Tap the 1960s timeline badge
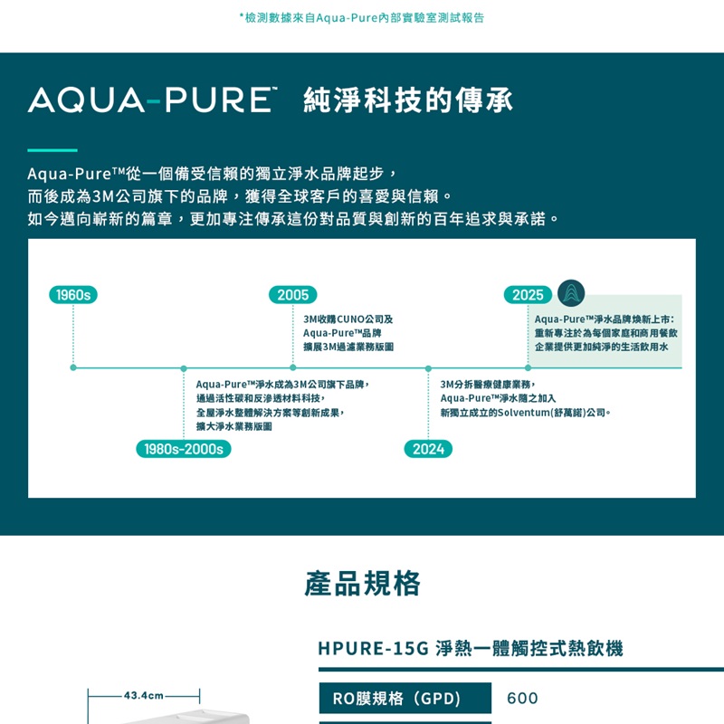pos(73,295)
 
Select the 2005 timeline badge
pos(292,295)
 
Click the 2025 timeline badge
pos(528,295)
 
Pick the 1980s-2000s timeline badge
pos(184,449)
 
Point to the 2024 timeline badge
pos(428,449)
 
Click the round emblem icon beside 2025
pos(571,293)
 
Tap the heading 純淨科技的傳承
pos(408,100)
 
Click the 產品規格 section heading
pos(362,584)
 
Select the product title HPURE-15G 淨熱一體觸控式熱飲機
pos(471,648)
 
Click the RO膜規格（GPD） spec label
pos(397,698)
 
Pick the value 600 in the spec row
pos(522,698)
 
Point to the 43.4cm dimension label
pos(143,695)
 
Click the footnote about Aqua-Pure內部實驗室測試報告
pos(362,17)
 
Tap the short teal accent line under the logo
pos(52,150)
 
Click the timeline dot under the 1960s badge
pos(73,367)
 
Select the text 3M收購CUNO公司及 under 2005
pos(348,319)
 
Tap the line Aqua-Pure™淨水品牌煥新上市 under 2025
pos(604,319)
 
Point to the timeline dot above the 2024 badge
pos(428,368)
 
